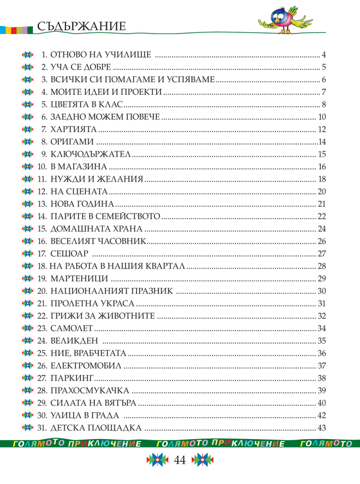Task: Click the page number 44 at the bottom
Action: click(x=180, y=461)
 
